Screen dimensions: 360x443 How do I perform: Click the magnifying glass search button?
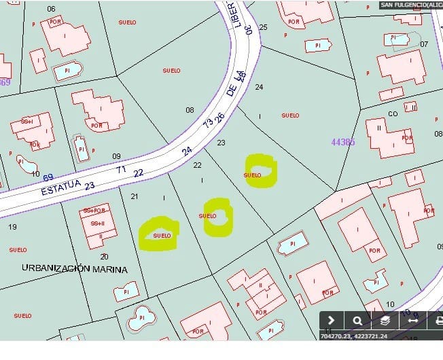[357, 321]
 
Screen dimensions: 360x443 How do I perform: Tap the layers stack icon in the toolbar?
[384, 321]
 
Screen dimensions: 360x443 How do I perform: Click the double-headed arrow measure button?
[412, 321]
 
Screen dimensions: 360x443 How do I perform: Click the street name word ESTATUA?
[60, 187]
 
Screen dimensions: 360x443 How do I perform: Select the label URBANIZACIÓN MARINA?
[75, 269]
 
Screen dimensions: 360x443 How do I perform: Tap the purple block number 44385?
[343, 142]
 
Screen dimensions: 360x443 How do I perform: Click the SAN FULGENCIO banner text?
[411, 4]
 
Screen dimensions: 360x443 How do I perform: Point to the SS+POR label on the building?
[94, 211]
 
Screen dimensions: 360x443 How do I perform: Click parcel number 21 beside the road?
[135, 197]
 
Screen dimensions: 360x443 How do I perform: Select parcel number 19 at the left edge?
[12, 227]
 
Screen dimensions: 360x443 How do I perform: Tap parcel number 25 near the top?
[264, 28]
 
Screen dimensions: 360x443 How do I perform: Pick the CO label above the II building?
[393, 114]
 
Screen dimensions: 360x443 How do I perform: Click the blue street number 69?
[48, 177]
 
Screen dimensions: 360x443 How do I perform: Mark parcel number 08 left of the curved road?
[190, 110]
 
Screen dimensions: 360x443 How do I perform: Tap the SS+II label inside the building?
[97, 223]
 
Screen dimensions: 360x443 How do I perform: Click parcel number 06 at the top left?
[51, 9]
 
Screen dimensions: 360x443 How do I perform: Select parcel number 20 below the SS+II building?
[104, 257]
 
